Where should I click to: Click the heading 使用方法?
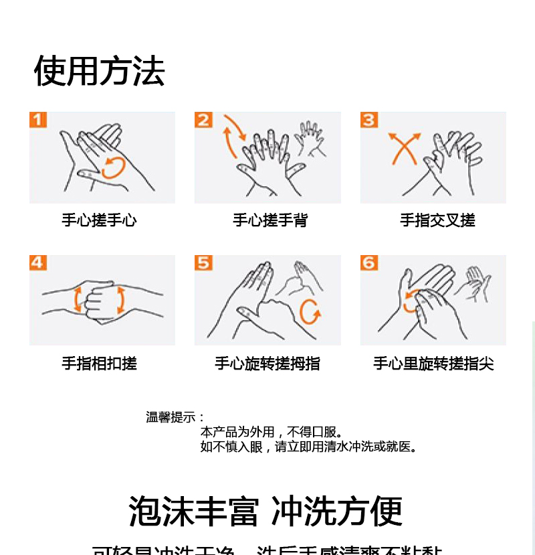pyautogui.click(x=99, y=71)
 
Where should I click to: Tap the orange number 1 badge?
pyautogui.click(x=38, y=120)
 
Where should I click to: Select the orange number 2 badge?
pyautogui.click(x=203, y=120)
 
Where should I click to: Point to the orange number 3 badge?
pyautogui.click(x=369, y=120)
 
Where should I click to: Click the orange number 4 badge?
pyautogui.click(x=38, y=262)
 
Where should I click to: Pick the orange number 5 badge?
pyautogui.click(x=203, y=262)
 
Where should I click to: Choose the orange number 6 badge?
pyautogui.click(x=369, y=262)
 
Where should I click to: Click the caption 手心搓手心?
pyautogui.click(x=99, y=220)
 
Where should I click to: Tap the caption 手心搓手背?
pyautogui.click(x=270, y=220)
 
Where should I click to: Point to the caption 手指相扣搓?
pyautogui.click(x=99, y=364)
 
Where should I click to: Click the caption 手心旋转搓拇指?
pyautogui.click(x=267, y=364)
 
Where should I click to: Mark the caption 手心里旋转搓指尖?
pyautogui.click(x=433, y=364)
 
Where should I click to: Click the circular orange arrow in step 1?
pyautogui.click(x=113, y=167)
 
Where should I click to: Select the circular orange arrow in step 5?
pyautogui.click(x=310, y=311)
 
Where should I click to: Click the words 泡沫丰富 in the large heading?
pyautogui.click(x=193, y=511)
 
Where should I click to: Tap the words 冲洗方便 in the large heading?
pyautogui.click(x=338, y=511)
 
